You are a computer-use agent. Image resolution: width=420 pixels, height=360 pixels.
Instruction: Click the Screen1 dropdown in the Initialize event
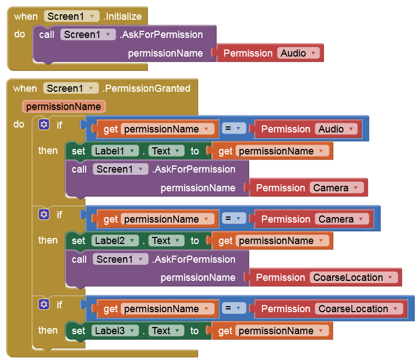[72, 16]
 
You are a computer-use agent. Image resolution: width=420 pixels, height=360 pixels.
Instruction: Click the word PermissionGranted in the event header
[147, 88]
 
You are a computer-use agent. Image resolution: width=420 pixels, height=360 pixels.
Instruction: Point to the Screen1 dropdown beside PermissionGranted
[71, 88]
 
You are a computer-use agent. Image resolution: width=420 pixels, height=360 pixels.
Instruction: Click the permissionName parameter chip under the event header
[64, 106]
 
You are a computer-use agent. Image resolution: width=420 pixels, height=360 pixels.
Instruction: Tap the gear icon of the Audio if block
[44, 125]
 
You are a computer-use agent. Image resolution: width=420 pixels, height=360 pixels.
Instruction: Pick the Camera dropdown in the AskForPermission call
[337, 188]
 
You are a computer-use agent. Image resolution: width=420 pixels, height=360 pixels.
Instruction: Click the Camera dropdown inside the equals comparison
[342, 219]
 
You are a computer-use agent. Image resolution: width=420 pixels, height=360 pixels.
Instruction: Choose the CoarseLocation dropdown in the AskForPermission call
[354, 278]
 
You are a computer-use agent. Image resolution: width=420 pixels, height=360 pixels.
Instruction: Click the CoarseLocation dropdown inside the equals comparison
[359, 309]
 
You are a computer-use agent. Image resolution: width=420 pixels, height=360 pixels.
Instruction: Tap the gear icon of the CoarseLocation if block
[44, 304]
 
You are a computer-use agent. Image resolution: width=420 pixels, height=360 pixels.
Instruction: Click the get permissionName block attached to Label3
[272, 331]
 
